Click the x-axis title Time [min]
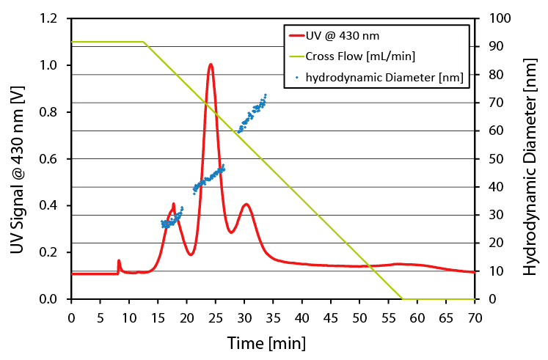266,342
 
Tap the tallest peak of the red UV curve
211,65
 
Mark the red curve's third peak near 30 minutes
246,205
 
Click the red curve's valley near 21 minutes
191,254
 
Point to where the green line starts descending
143,42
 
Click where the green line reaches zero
402,298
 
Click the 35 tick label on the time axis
273,317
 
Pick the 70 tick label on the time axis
475,317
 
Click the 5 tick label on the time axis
100,317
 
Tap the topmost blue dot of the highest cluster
266,95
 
